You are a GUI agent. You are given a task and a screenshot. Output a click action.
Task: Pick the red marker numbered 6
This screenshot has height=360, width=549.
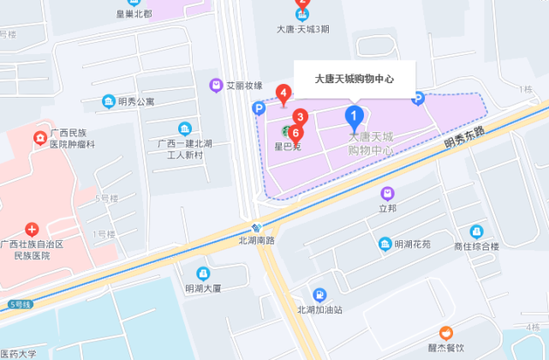coord(295,134)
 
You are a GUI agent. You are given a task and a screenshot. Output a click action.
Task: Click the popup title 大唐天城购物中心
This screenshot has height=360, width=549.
coord(355,78)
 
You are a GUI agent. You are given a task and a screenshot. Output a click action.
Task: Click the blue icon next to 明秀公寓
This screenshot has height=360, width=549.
coord(109,102)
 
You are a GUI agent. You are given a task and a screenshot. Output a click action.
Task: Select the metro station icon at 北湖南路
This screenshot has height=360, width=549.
coord(257,228)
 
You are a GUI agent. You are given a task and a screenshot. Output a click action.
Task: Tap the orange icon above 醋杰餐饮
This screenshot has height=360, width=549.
coord(445,333)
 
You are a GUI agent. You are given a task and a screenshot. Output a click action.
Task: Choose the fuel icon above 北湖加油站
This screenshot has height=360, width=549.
coord(319,294)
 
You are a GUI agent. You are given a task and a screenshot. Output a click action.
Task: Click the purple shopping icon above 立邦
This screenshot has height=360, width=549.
coord(388,194)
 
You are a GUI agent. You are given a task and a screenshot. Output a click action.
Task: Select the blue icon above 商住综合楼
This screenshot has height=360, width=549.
coord(476,231)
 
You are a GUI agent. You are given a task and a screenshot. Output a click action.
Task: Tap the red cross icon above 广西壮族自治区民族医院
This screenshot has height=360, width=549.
coord(32,229)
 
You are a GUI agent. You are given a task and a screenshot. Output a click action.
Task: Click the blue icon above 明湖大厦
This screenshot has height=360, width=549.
coord(202,273)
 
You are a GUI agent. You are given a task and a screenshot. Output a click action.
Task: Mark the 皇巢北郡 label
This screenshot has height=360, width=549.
coord(134,14)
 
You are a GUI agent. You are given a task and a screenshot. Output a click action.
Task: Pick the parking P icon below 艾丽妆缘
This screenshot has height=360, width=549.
coord(258,108)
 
